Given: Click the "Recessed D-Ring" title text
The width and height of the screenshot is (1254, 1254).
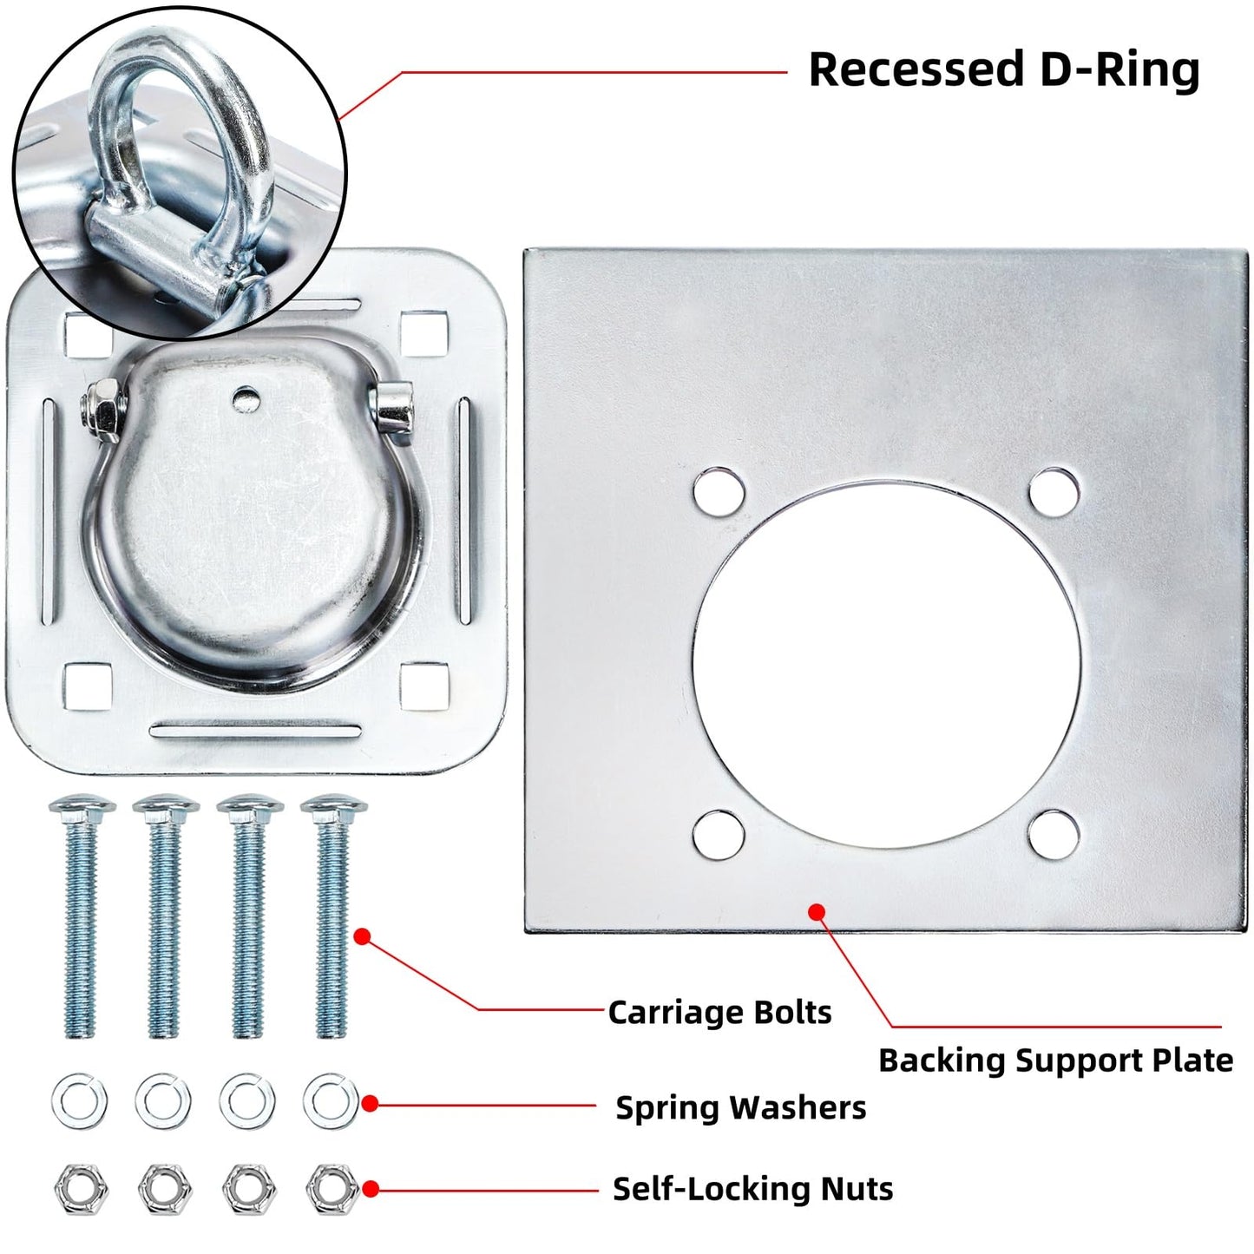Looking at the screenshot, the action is pos(1004,69).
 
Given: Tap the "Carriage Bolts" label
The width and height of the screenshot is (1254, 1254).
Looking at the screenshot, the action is pos(719,1013).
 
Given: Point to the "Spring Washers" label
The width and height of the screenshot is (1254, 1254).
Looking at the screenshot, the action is pos(741,1107).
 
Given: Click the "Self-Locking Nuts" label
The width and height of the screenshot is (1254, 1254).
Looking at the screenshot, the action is pos(753,1188).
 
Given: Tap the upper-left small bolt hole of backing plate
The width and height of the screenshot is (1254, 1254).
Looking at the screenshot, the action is pos(719,492).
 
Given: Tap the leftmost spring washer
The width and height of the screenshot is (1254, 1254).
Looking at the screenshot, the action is pos(80,1102).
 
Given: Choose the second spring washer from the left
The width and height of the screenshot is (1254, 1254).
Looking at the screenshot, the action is pos(163,1102).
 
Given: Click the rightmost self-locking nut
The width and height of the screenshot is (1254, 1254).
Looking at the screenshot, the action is pos(332,1189).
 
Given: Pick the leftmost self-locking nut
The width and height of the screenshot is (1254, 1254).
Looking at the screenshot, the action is pos(81,1189).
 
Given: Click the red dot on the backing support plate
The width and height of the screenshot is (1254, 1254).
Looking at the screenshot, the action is pos(817,912).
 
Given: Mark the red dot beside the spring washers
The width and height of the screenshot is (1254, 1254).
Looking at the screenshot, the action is pos(370,1104).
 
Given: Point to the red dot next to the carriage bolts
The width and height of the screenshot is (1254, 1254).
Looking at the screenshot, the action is pos(363,936).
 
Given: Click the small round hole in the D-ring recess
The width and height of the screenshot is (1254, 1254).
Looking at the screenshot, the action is pos(246,397).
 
